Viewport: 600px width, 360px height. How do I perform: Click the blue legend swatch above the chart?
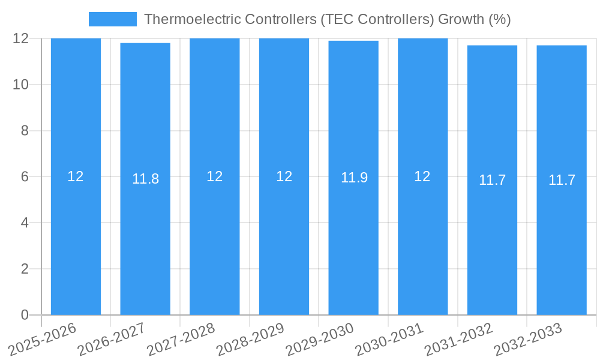pos(112,19)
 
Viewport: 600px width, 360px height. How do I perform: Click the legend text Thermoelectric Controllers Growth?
pos(327,19)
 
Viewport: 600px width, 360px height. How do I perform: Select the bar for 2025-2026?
pos(76,240)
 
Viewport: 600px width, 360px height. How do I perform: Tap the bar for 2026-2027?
pos(145,240)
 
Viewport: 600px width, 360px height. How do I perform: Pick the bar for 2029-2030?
pos(353,240)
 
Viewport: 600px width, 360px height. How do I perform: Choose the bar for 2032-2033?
pos(562,240)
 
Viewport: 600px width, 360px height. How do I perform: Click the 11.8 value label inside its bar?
pos(145,179)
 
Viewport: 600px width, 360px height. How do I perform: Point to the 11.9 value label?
pos(354,178)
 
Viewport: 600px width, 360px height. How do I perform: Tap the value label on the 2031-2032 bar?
pos(492,180)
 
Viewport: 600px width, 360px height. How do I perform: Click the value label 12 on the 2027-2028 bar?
pos(214,176)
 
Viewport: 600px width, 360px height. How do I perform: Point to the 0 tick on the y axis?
pos(25,314)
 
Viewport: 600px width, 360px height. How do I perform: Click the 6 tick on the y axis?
pos(25,176)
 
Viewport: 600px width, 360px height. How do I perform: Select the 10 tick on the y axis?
pos(21,85)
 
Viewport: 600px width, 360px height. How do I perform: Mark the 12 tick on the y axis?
pos(21,38)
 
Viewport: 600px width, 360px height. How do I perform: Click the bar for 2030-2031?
pos(422,240)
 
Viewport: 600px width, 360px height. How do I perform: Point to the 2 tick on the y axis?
pos(25,269)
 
